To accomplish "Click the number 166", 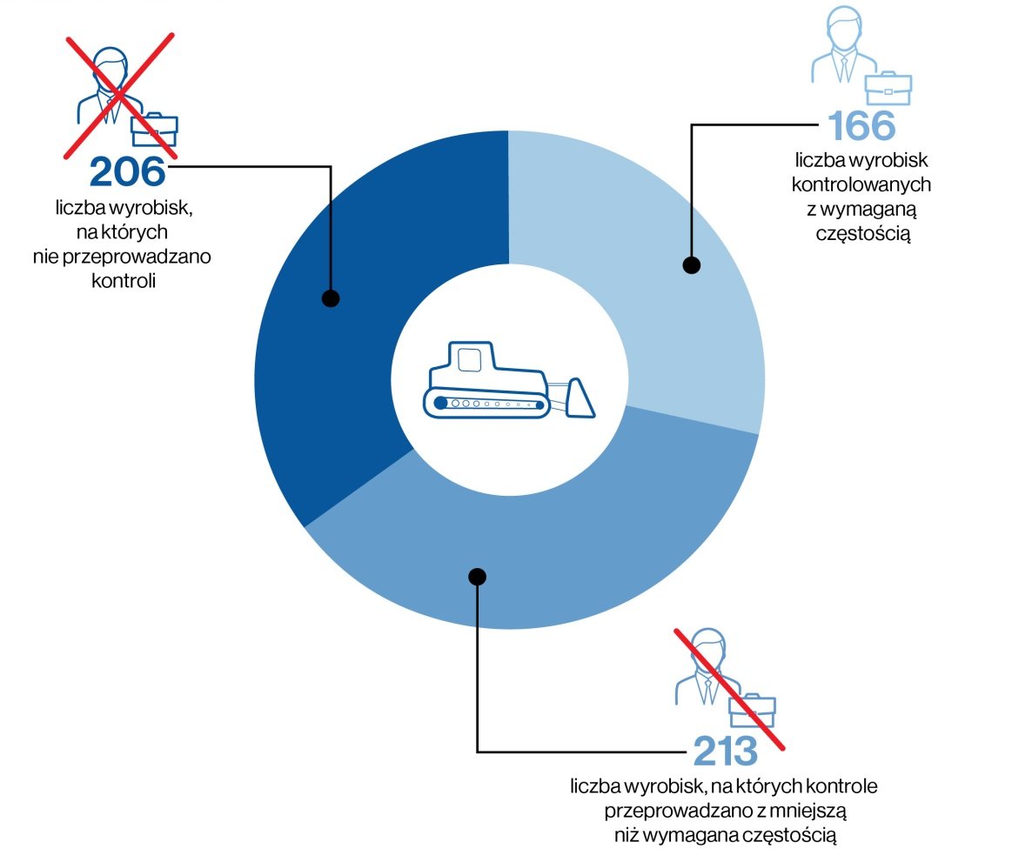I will tap(861, 127).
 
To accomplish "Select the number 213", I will tap(725, 751).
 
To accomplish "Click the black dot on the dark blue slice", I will tap(330, 298).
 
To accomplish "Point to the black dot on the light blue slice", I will tap(691, 265).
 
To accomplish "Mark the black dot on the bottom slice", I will tap(477, 576).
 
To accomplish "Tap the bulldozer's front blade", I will tap(579, 398).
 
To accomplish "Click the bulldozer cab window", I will tap(470, 359).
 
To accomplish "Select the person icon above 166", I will tap(839, 43).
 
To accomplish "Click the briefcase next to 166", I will tap(888, 88).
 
